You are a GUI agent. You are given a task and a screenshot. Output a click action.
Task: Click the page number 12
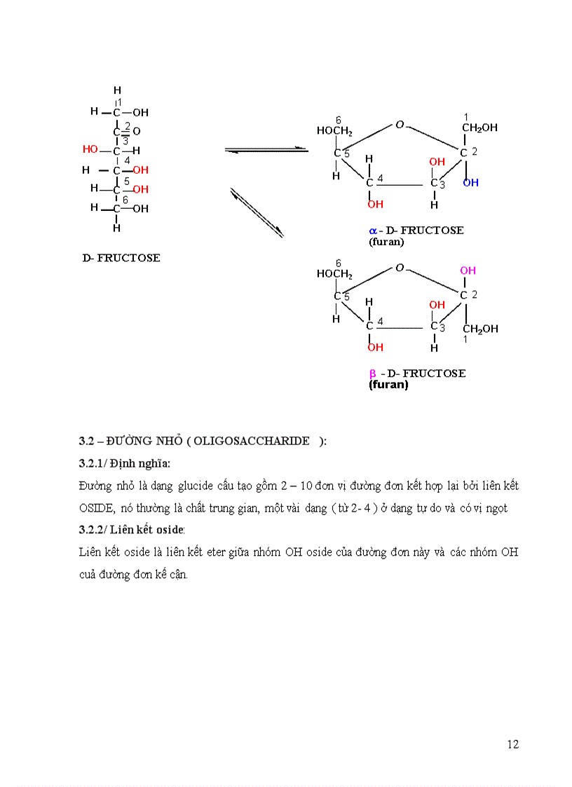(513, 744)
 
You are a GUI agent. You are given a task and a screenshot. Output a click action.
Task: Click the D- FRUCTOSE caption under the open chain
(121, 258)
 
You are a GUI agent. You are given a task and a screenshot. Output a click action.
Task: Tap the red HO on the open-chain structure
(90, 149)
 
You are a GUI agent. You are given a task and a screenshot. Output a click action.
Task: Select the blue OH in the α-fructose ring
(470, 183)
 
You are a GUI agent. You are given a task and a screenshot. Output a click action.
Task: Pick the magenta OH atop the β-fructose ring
(468, 271)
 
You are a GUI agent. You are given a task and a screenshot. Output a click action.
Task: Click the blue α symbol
(373, 230)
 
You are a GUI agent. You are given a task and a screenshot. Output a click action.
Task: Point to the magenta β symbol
(373, 374)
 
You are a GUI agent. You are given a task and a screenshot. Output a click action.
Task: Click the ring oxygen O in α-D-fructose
(400, 125)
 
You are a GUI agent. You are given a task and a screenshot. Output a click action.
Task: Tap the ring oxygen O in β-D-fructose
(400, 268)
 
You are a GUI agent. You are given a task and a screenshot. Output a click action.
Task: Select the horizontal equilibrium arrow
(266, 149)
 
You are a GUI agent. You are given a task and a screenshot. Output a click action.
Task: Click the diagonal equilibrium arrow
(257, 212)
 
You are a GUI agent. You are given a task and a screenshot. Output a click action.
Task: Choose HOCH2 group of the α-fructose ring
(334, 130)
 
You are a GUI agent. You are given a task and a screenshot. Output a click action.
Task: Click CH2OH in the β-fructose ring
(480, 329)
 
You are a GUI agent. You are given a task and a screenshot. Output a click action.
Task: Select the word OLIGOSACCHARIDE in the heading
(252, 441)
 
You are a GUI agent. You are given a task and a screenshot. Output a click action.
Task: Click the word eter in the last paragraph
(214, 552)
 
